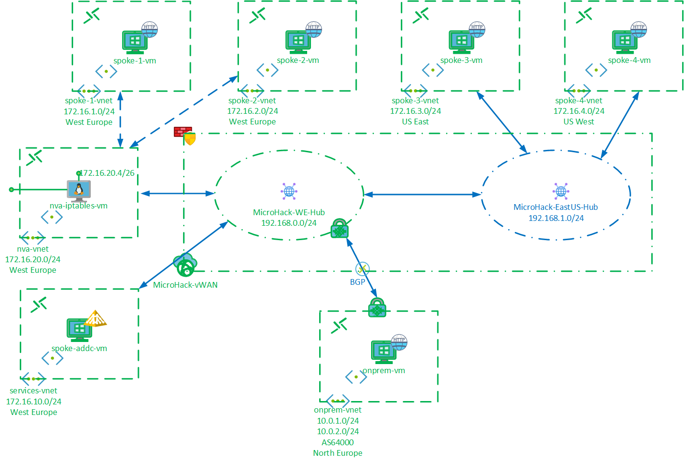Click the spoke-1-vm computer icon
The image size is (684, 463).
(135, 42)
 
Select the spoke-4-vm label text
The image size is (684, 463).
(629, 61)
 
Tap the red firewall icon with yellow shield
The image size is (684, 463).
(184, 135)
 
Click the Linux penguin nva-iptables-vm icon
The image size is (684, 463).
(79, 190)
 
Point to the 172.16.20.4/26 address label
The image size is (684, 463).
(108, 173)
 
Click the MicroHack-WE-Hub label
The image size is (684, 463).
(289, 212)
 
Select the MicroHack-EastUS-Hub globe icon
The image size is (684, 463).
(560, 191)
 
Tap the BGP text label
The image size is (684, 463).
(357, 282)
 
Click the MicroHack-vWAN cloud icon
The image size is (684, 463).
(185, 265)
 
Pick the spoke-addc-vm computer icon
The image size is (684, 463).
(79, 329)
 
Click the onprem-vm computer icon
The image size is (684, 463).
(383, 352)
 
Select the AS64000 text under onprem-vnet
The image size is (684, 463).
(337, 442)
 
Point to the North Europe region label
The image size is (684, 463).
(337, 453)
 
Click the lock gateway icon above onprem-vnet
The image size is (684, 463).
(377, 308)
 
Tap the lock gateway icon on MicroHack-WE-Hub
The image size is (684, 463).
(339, 229)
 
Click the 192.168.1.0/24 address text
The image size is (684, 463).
(556, 218)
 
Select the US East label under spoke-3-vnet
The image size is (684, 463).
(415, 122)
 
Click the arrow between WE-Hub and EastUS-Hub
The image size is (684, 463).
(422, 195)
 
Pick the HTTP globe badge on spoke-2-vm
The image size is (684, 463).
(313, 29)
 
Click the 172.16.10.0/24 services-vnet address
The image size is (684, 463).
(34, 402)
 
